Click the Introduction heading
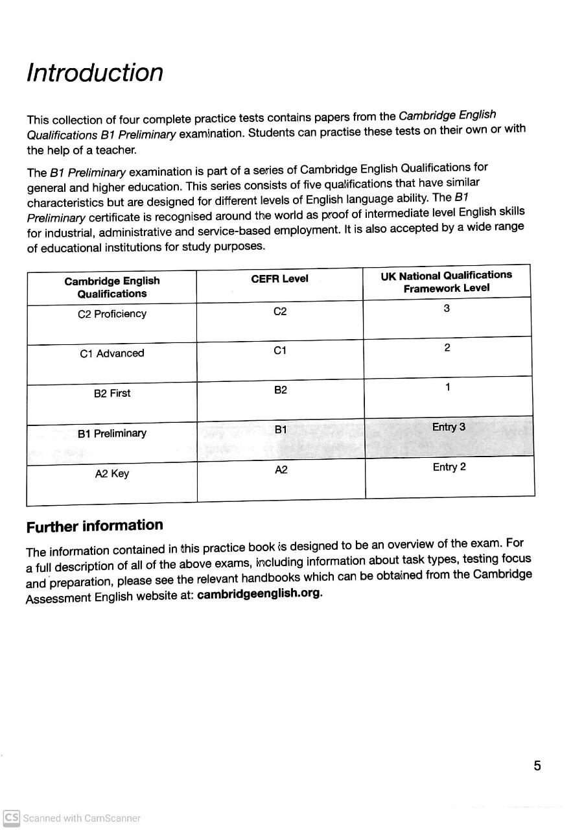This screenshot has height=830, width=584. click(95, 73)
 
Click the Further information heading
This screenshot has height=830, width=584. click(95, 526)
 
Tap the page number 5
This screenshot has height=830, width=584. click(537, 766)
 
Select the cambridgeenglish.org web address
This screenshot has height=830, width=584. click(259, 593)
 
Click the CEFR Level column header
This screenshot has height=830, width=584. click(279, 279)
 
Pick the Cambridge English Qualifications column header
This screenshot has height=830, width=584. click(112, 287)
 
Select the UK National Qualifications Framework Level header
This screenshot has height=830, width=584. click(446, 281)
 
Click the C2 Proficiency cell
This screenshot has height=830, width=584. click(112, 314)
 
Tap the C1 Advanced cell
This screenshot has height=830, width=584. click(112, 353)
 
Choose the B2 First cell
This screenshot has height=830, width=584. click(112, 393)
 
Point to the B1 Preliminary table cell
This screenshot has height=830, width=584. click(112, 433)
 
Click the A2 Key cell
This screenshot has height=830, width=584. click(112, 473)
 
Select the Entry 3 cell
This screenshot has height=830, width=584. click(449, 427)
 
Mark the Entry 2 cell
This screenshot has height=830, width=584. click(449, 467)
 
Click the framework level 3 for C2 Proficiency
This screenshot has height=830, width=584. click(447, 309)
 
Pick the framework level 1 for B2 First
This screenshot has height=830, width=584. click(447, 387)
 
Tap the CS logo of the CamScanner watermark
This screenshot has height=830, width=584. click(12, 817)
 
